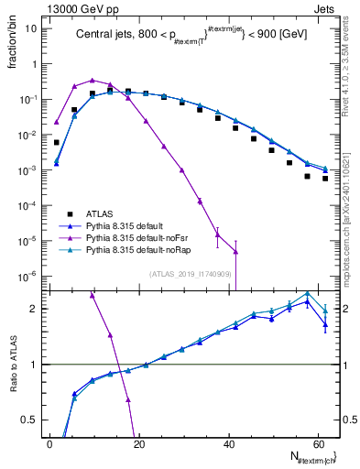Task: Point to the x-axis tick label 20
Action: pos(139,444)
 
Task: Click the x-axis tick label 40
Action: pos(229,444)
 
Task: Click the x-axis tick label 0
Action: pos(50,444)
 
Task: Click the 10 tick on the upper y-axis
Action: pos(30,28)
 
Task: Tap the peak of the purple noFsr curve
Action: pos(92,81)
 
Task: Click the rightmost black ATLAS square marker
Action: pos(325,179)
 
